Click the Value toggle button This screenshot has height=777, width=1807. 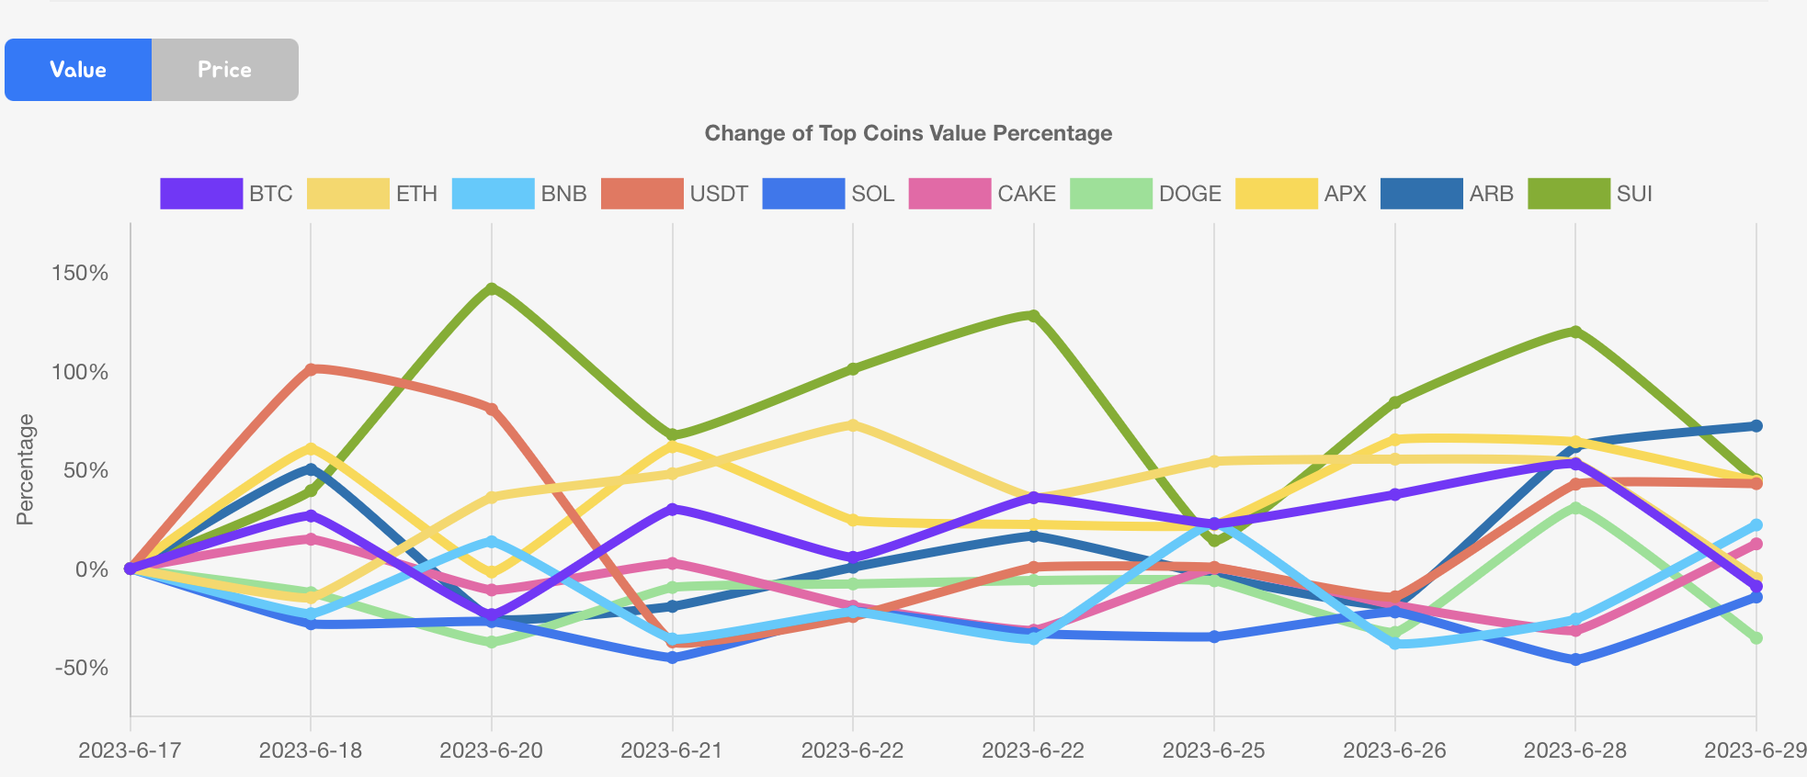78,70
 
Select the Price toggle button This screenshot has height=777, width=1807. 224,70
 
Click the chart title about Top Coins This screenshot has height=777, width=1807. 908,133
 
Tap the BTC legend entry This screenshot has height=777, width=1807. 226,194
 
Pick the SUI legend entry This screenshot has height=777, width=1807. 1590,194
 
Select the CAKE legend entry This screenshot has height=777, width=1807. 982,194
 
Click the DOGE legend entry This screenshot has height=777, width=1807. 1145,194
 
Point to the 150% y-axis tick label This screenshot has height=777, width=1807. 81,273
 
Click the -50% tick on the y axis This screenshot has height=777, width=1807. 81,668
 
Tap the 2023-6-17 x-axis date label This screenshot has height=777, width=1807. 130,750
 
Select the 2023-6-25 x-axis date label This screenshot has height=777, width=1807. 1213,750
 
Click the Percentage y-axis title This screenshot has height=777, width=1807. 26,469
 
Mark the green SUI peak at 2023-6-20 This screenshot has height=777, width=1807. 492,288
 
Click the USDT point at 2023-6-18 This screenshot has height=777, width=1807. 311,369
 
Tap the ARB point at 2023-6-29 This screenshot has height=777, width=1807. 1756,426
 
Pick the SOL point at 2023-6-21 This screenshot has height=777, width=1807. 672,658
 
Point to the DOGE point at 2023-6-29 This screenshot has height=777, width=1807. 1756,637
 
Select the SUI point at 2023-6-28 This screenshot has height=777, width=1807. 1575,332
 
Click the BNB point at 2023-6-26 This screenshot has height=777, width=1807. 1395,644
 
